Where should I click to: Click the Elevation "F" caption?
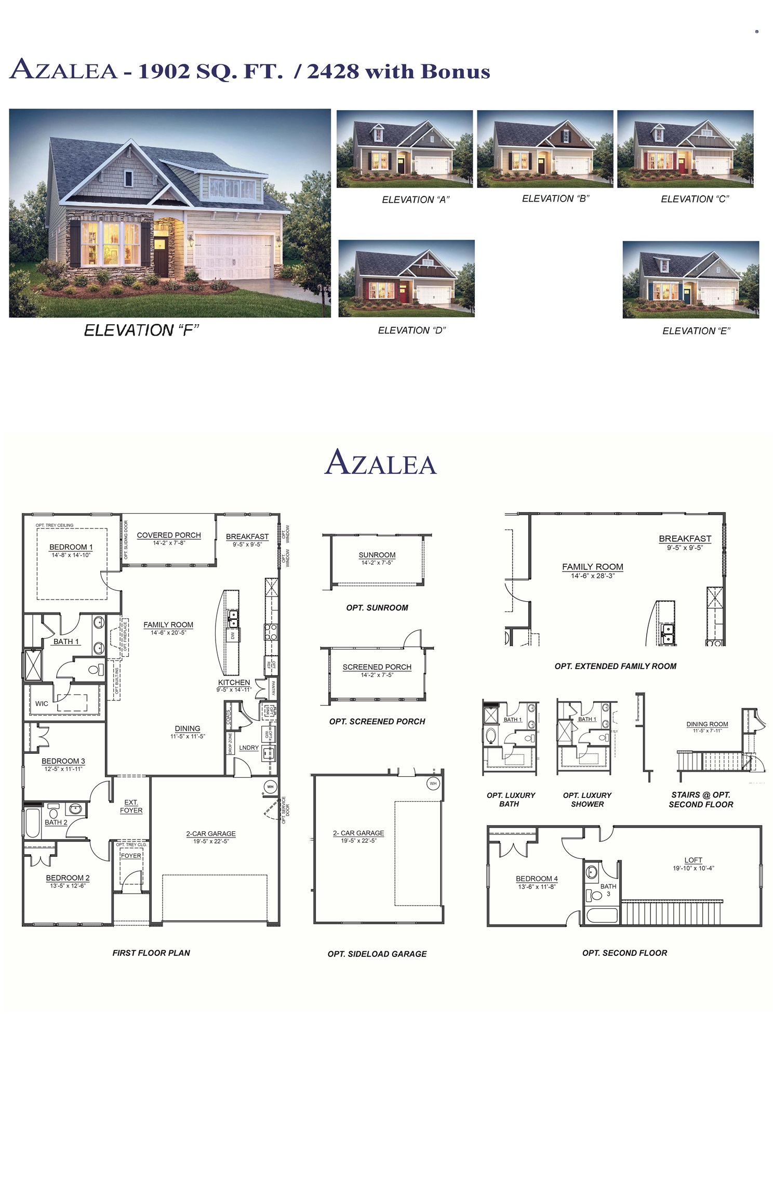(141, 330)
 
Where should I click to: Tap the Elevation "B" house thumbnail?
(545, 149)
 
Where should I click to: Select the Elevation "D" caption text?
(411, 330)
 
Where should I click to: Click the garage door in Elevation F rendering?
(233, 257)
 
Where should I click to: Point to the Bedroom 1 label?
(71, 547)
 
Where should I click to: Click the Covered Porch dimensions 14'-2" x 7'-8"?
(169, 543)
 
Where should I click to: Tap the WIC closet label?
(42, 703)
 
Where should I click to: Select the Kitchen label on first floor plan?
(234, 682)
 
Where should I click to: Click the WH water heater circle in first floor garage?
(270, 787)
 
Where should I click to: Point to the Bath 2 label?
(56, 822)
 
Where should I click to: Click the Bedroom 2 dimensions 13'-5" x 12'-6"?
(68, 886)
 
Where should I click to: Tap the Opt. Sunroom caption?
(377, 608)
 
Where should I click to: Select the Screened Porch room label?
(377, 667)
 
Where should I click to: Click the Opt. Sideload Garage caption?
(377, 954)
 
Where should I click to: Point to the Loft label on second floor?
(693, 860)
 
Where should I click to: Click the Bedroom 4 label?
(537, 879)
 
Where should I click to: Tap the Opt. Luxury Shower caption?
(587, 800)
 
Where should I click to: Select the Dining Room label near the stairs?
(707, 724)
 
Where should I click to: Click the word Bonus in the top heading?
(455, 72)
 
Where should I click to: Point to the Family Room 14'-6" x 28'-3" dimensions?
(593, 576)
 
